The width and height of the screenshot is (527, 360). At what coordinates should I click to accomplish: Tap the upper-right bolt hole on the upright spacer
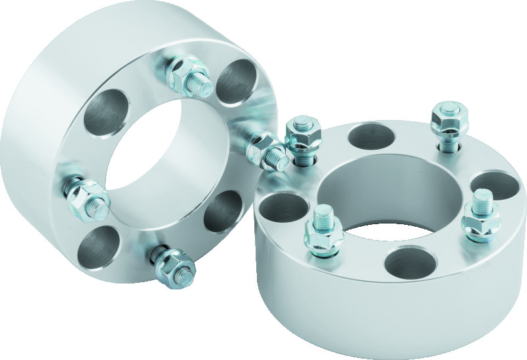(x=237, y=82)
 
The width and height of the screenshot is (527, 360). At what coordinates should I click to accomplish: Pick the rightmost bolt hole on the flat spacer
(x=495, y=183)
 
